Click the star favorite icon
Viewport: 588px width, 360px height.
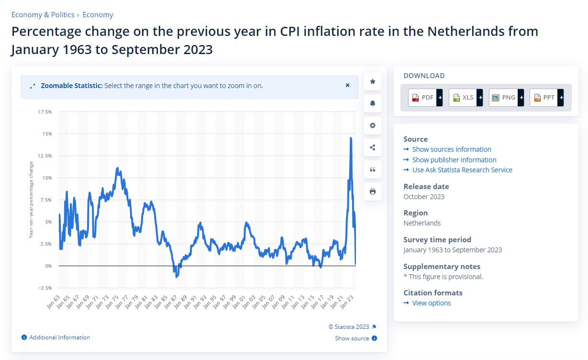[x=373, y=81]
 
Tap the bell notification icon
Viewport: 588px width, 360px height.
[x=373, y=103]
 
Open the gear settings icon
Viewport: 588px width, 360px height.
[x=373, y=125]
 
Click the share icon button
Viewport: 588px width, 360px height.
[x=373, y=147]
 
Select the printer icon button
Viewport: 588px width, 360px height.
[x=373, y=191]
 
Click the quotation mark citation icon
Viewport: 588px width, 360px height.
[x=373, y=169]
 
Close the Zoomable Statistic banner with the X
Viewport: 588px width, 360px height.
[x=348, y=85]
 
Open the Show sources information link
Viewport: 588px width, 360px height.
[x=451, y=149]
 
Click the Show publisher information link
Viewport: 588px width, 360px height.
[x=454, y=160]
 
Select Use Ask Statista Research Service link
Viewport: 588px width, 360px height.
[x=462, y=170]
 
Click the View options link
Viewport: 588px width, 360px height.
[x=431, y=303]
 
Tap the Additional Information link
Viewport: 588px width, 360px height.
[x=59, y=337]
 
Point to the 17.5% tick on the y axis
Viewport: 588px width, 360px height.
[x=44, y=112]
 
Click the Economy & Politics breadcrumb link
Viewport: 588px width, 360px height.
[x=43, y=15]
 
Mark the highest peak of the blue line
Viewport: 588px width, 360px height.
[x=351, y=138]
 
